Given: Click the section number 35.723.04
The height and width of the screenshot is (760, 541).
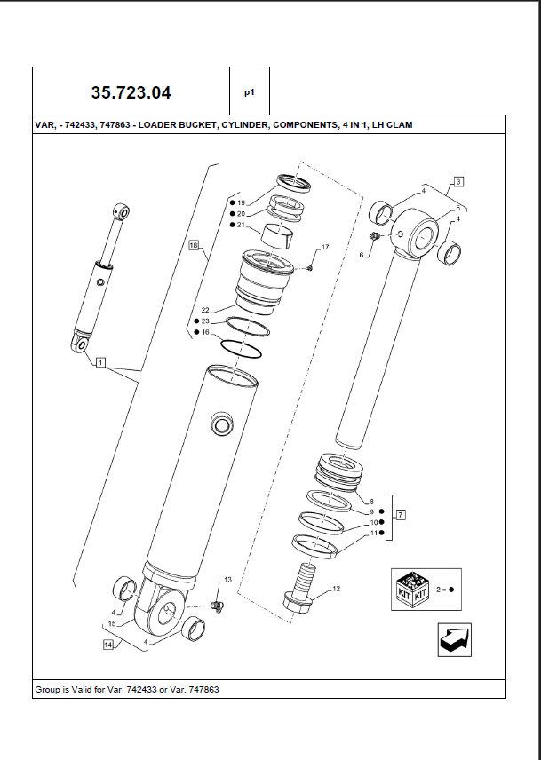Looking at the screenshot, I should [131, 92].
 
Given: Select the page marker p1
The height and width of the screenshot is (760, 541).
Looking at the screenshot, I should [250, 91].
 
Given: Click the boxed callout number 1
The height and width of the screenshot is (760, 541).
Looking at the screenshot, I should [100, 362].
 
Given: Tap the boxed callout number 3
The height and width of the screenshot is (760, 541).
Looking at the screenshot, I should [458, 182].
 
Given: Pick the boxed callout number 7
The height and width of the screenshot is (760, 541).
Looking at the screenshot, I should [401, 514].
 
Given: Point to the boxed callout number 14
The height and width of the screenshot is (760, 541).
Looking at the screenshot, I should [107, 645].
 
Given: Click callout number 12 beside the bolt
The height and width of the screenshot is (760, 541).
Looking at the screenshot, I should [336, 588].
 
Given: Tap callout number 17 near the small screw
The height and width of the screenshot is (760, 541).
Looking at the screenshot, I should [325, 246].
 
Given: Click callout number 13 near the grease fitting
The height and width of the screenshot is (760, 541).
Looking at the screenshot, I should [227, 580].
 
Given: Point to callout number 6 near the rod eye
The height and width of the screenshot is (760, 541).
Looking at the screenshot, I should [362, 255].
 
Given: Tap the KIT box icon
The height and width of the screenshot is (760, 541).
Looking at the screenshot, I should [412, 589].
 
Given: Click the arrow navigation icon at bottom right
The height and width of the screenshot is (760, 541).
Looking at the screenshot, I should [454, 640].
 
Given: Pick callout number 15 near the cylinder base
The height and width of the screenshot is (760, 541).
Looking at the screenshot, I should [113, 624].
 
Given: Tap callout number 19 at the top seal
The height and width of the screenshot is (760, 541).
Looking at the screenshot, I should [241, 203].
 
